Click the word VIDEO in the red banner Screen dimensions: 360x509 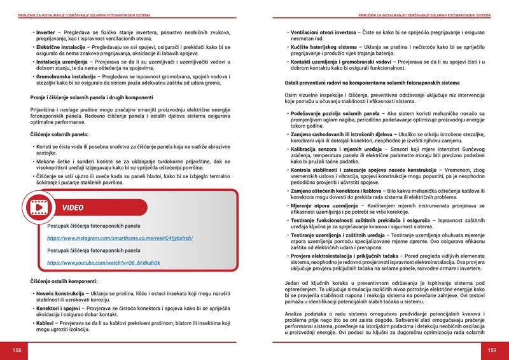[73, 208]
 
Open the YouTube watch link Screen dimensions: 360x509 [103, 262]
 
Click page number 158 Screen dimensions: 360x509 [17, 350]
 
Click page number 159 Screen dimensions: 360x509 [492, 350]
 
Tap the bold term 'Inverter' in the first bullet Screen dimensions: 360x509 [46, 31]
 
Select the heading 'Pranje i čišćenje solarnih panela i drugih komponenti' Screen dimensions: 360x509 [92, 97]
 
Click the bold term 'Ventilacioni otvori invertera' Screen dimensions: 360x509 [323, 31]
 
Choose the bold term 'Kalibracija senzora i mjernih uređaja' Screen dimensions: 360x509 [332, 148]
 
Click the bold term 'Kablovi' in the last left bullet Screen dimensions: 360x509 [46, 322]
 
